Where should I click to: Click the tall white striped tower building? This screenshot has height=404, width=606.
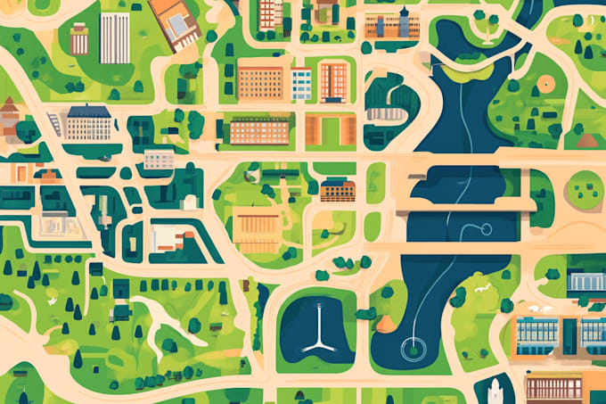(114, 37)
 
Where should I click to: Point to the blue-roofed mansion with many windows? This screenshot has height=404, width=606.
(88, 123)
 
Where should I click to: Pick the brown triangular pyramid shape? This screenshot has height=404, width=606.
(586, 140)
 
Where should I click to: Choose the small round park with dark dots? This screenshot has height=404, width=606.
(585, 188)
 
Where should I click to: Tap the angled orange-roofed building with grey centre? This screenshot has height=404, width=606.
(175, 22)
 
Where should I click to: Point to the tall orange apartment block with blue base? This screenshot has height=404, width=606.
(334, 81)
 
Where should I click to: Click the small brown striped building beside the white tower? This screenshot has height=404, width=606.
(79, 38)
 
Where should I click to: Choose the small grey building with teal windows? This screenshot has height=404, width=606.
(160, 160)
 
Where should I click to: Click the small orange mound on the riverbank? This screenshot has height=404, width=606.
(386, 323)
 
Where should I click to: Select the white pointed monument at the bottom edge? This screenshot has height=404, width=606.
(495, 390)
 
